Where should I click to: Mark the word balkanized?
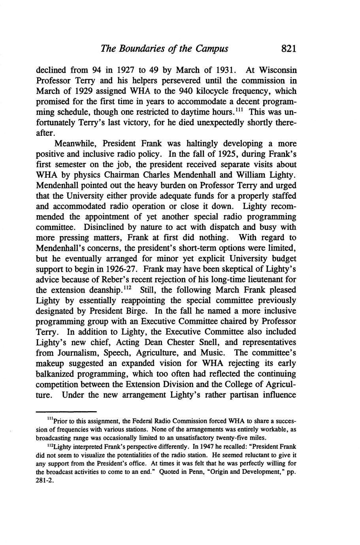56,374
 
